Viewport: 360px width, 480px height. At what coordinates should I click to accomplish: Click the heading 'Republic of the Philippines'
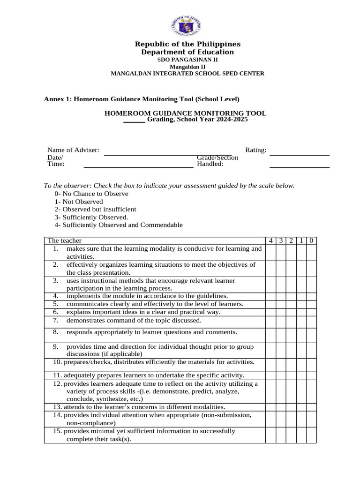[x=187, y=44]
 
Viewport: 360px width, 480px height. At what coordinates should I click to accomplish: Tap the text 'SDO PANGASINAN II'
[x=187, y=60]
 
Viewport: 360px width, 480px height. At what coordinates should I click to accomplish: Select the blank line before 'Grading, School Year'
[x=134, y=121]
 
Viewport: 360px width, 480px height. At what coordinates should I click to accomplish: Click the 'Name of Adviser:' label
[x=73, y=150]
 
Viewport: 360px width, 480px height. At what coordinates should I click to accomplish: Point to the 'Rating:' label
[x=256, y=150]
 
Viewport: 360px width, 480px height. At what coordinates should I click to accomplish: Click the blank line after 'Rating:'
[x=300, y=154]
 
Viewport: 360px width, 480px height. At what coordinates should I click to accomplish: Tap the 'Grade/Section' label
[x=217, y=157]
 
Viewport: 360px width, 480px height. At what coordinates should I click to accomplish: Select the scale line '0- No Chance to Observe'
[x=91, y=194]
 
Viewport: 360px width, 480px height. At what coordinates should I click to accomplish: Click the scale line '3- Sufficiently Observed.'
[x=91, y=217]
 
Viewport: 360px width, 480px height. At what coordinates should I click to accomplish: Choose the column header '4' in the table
[x=270, y=240]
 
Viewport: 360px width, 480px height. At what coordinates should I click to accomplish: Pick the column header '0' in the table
[x=312, y=240]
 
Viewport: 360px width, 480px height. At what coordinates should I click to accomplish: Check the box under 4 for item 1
[x=270, y=253]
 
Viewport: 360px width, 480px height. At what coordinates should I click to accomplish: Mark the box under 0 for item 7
[x=312, y=322]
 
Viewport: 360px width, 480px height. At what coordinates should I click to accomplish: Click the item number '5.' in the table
[x=55, y=304]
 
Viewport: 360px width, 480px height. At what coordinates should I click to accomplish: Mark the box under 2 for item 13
[x=291, y=407]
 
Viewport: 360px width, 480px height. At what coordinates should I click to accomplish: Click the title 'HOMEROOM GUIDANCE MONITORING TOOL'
[x=185, y=113]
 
